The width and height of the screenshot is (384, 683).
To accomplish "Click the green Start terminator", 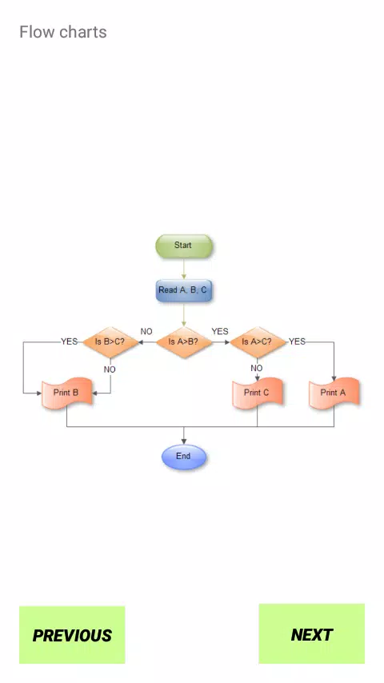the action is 183,246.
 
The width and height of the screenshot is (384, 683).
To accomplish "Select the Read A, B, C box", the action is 183,290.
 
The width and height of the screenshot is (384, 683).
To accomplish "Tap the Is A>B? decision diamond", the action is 183,342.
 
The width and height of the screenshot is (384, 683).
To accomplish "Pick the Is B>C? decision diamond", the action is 110,342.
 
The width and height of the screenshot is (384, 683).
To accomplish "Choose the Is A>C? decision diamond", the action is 257,342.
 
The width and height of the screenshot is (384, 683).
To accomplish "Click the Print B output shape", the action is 66,393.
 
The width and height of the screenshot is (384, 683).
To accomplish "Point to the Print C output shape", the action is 257,393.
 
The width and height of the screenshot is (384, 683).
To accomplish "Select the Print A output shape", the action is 334,393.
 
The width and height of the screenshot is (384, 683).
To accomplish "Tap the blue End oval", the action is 183,457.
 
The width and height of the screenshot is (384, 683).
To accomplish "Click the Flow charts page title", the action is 63,32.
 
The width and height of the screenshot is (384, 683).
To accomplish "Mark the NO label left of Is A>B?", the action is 146,331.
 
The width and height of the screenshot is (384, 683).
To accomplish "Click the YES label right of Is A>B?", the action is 220,331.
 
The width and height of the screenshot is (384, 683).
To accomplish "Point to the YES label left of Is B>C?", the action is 70,341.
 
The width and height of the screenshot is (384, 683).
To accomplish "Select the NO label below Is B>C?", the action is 110,369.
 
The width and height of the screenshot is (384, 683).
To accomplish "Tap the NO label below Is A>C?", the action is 257,368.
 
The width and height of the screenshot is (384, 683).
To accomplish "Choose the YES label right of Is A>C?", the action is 298,341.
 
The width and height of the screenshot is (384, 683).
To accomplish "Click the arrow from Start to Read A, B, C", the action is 183,269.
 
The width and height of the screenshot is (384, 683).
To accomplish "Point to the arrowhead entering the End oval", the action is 183,441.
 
